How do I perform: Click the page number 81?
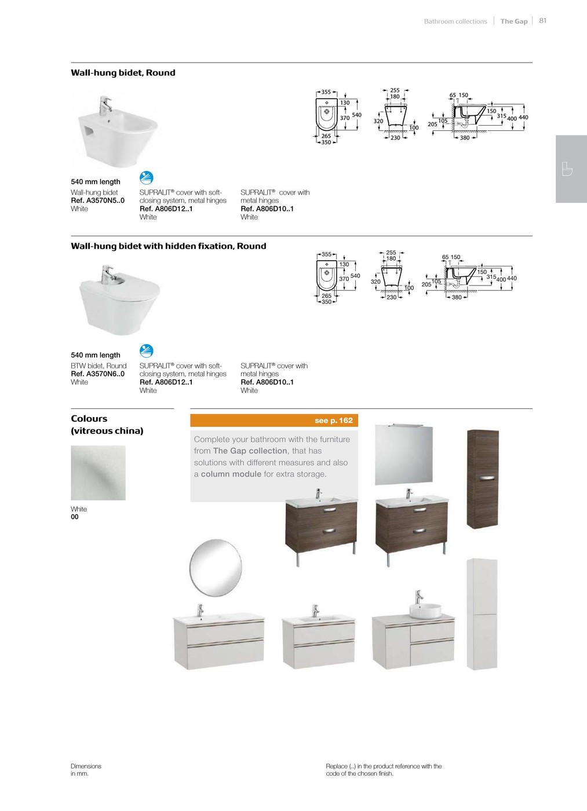(x=542, y=20)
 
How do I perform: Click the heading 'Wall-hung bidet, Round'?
(x=123, y=72)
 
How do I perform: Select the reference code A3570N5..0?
(x=97, y=200)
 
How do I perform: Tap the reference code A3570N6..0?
(x=97, y=374)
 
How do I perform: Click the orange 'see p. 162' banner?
(x=274, y=421)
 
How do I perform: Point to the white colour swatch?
(x=98, y=473)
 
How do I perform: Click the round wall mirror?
(x=216, y=568)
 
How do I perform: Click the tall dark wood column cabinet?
(x=482, y=478)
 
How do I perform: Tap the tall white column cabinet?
(x=482, y=614)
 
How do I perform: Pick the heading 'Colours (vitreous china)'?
(x=107, y=425)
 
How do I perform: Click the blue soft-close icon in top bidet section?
(x=147, y=177)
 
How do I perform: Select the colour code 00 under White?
(x=75, y=517)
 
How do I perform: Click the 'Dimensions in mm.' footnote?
(x=86, y=769)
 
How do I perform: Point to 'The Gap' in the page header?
(x=514, y=21)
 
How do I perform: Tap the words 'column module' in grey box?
(x=231, y=474)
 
